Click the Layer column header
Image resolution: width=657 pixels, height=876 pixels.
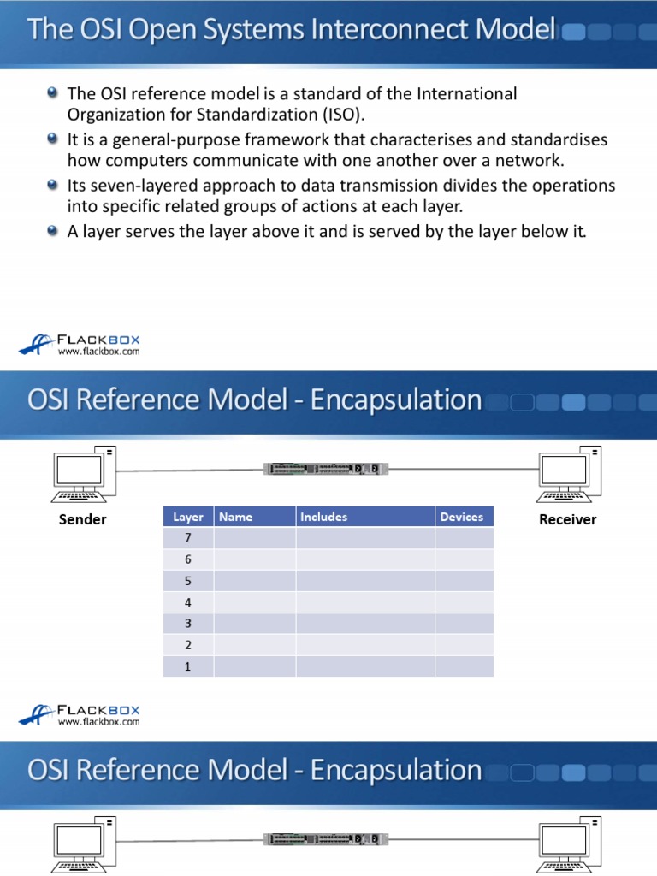[187, 517]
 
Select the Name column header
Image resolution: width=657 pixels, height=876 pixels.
[236, 517]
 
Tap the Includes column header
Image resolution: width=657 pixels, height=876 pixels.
[323, 517]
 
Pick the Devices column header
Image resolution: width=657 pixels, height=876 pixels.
[462, 517]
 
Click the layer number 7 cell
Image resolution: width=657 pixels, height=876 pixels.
[187, 538]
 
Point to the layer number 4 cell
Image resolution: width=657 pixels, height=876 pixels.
[187, 602]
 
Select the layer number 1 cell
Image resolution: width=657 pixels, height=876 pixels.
[187, 666]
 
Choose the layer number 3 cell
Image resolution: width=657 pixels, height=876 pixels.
[187, 624]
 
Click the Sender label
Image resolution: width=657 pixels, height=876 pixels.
[82, 519]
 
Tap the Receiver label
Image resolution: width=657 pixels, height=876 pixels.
[567, 519]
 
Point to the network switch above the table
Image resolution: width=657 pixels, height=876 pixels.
[325, 468]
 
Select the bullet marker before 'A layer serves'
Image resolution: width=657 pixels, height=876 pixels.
[53, 230]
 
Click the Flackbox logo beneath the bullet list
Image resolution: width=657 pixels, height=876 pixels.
[79, 343]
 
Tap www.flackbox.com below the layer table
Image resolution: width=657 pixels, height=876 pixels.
[98, 722]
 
